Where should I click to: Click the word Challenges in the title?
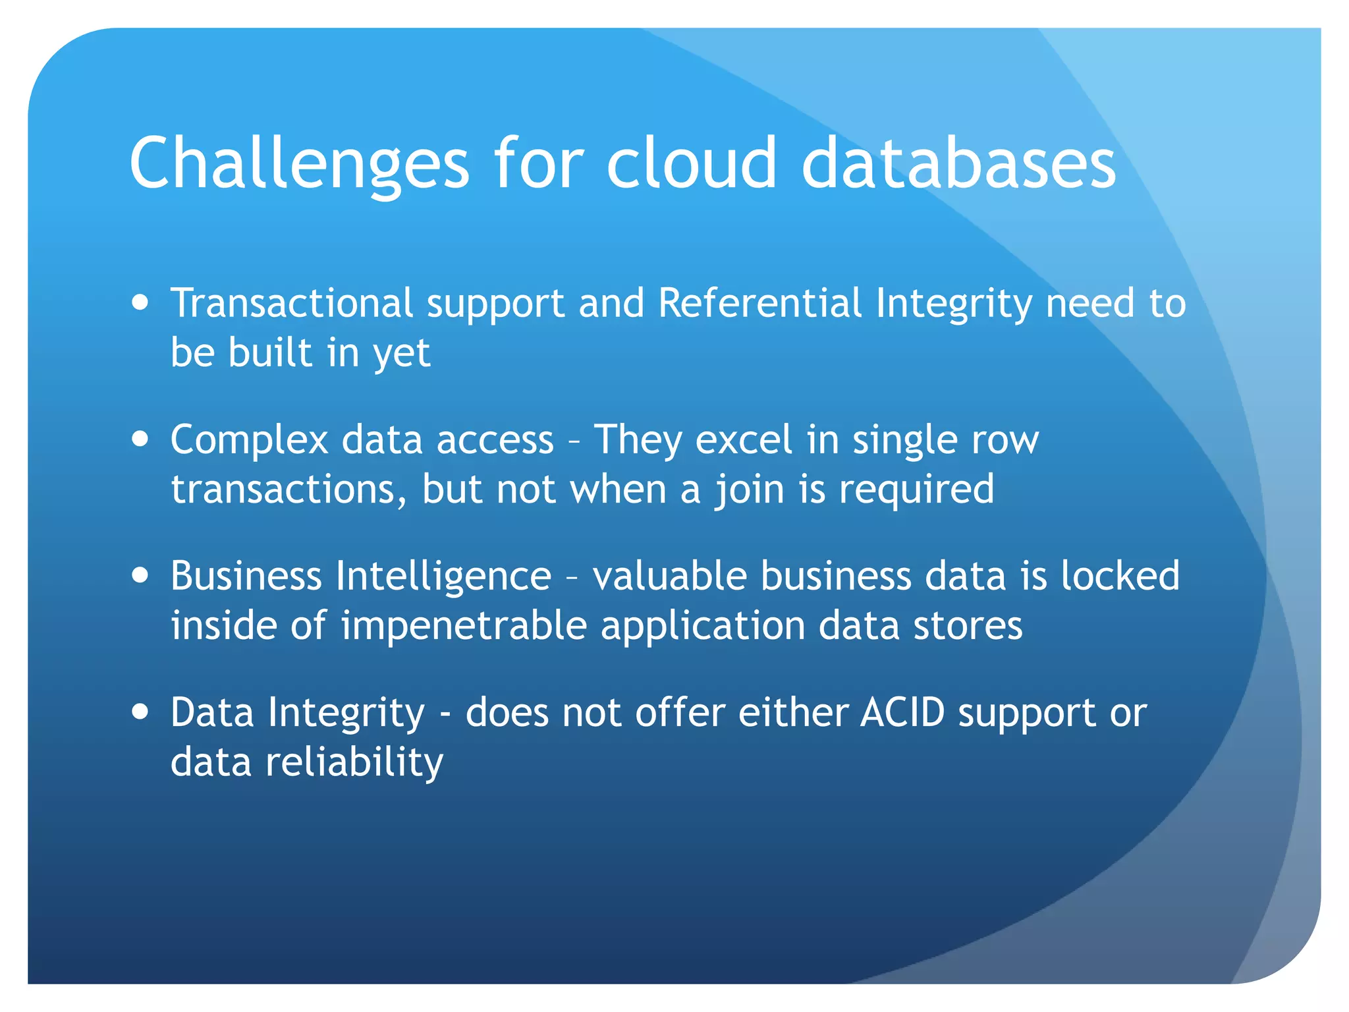pos(298,163)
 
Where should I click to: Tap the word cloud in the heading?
pos(691,163)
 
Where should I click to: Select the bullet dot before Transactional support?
pos(140,303)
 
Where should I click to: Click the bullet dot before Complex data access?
pos(140,439)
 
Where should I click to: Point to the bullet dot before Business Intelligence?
pos(140,575)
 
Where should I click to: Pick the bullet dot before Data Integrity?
pos(140,712)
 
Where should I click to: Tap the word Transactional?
pos(292,303)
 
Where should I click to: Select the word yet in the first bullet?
pos(401,354)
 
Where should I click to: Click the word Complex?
pos(249,440)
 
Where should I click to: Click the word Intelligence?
pos(443,576)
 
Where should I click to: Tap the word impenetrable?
pos(464,626)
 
